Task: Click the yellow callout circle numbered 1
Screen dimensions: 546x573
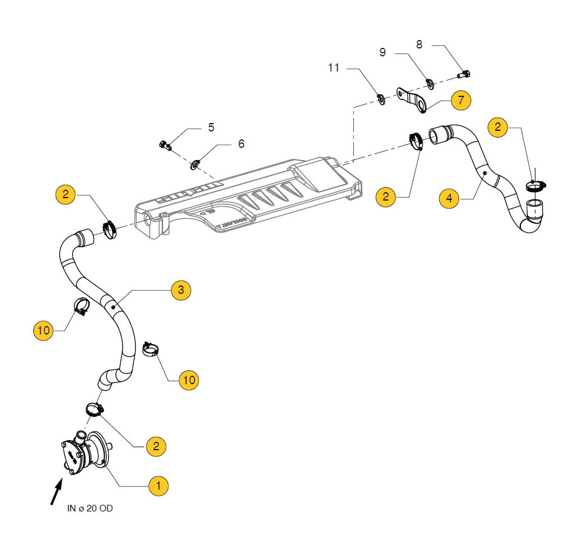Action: click(158, 485)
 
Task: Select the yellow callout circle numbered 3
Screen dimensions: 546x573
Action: click(181, 290)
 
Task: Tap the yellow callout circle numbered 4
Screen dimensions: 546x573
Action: click(449, 198)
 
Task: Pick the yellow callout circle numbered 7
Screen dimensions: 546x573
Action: click(460, 99)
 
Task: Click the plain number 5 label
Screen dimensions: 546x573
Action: click(211, 127)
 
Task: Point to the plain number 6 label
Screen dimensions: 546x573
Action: click(241, 144)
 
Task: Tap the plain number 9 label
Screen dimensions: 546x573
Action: click(382, 52)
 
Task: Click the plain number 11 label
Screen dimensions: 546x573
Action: click(334, 67)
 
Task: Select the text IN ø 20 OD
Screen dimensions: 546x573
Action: click(90, 508)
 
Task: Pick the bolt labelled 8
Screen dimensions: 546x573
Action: click(465, 75)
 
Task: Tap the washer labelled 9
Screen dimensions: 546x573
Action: click(429, 84)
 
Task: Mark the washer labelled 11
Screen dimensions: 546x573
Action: click(382, 98)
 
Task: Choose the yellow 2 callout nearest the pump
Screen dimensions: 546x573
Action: click(156, 446)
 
